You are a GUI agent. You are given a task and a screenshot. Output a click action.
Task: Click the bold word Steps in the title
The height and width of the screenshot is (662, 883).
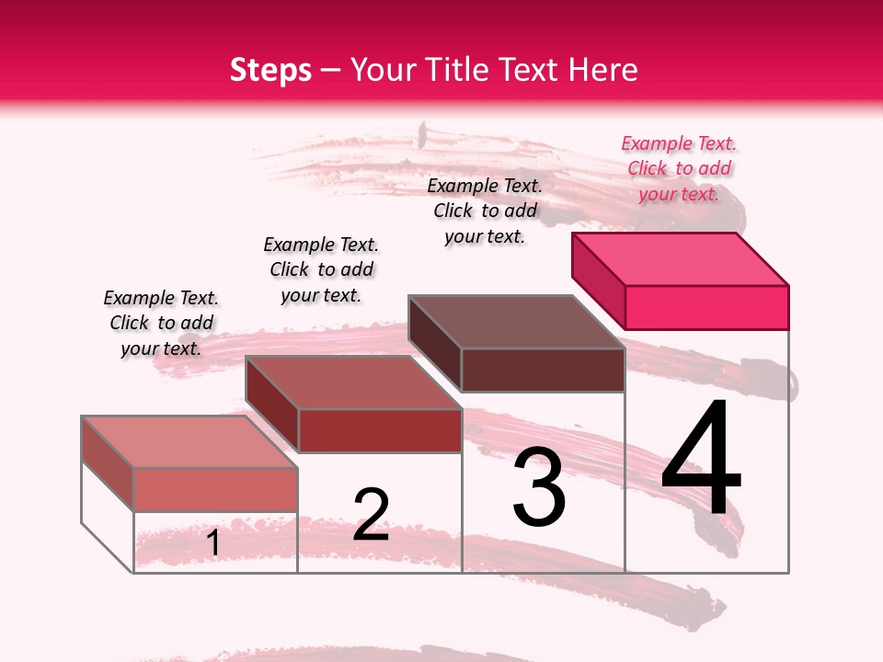pos(270,70)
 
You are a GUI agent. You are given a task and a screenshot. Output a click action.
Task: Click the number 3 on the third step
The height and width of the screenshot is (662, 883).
pos(539,487)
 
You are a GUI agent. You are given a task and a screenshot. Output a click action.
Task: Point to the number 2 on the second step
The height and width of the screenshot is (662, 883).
pos(371,514)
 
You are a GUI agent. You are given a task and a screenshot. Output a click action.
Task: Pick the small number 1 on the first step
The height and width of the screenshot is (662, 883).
pos(213,543)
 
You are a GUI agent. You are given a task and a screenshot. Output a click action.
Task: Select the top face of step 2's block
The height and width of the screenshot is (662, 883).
pos(353,382)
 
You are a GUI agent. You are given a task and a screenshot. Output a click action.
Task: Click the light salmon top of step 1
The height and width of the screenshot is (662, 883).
pos(189,442)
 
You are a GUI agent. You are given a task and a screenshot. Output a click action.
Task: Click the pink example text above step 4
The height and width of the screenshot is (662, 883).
pos(679,168)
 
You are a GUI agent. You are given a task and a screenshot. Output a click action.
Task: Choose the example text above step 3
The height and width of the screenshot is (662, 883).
pos(485,211)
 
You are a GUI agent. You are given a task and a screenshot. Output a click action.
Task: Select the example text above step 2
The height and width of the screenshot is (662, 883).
pos(321,269)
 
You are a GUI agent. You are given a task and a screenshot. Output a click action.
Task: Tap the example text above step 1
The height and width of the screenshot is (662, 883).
pos(161,323)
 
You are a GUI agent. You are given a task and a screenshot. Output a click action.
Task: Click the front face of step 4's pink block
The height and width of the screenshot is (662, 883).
pos(706,307)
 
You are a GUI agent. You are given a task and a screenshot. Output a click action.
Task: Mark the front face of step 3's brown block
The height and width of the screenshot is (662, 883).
pos(543,370)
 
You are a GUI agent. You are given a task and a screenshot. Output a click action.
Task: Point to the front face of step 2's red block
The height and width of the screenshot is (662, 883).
pos(379,430)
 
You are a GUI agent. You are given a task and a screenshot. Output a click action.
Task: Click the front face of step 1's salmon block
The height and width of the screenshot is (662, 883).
pos(215,489)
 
